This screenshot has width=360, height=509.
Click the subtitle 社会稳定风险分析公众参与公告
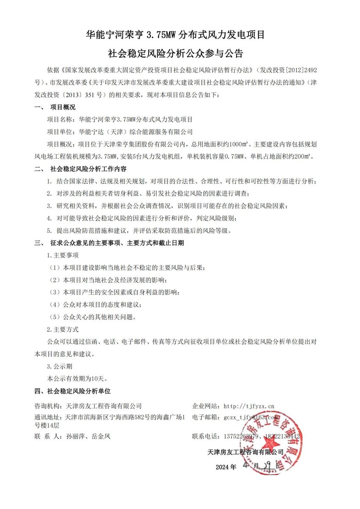[175, 54]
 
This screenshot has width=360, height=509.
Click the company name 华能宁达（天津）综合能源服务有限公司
[133, 132]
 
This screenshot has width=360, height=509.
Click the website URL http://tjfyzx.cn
[249, 406]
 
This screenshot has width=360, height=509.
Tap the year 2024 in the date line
[222, 467]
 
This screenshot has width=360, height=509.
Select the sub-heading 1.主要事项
[62, 255]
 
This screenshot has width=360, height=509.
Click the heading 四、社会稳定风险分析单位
[72, 391]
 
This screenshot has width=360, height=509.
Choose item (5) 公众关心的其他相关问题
[93, 317]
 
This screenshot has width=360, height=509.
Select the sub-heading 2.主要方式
[62, 329]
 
